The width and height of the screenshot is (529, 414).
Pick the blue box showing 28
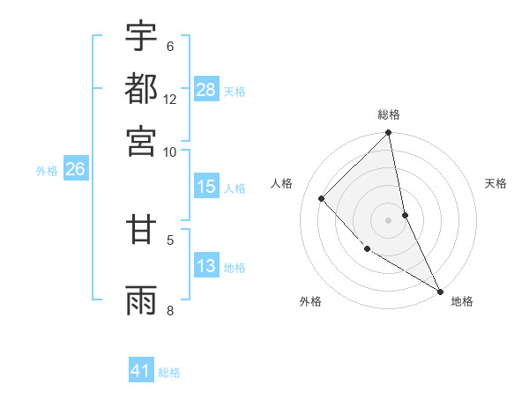[x=206, y=90]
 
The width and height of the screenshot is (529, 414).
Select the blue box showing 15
[x=206, y=187]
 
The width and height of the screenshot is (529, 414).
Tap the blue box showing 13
[x=206, y=266]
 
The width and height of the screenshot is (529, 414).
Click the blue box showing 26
[x=75, y=170]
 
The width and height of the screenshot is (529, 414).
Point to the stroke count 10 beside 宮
[x=170, y=152]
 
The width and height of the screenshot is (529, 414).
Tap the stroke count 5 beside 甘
[x=170, y=238]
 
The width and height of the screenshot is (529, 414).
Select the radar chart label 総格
[x=389, y=115]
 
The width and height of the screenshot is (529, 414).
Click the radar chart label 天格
[x=495, y=183]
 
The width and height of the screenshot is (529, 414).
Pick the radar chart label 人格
[x=281, y=183]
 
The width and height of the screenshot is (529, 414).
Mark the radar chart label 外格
[x=310, y=301]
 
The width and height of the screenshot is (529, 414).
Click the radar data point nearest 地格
[x=440, y=290]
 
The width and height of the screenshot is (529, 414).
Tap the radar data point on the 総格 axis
[x=389, y=134]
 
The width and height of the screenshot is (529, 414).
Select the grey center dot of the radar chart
[x=389, y=219]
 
